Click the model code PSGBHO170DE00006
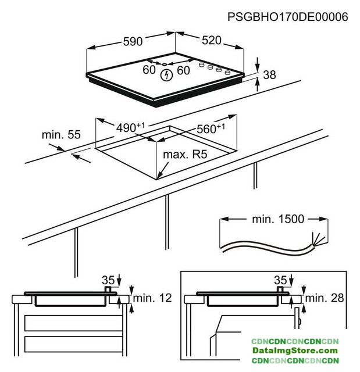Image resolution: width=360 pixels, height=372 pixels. pos(287,17)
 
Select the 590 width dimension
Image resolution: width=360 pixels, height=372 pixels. pos(133,42)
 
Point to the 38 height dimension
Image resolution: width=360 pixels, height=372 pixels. pos(269,74)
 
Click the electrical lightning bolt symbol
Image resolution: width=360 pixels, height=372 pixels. pos(167,75)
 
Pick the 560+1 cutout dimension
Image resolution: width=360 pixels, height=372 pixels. pos(211,130)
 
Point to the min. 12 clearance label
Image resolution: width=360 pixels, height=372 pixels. pos(152,298)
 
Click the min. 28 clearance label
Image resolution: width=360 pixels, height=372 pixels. pos(325,298)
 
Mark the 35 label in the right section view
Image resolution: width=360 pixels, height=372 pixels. pos(281,280)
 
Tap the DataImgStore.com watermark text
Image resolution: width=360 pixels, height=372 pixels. pos(295,351)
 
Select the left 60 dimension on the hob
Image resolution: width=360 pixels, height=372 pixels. pos(149,70)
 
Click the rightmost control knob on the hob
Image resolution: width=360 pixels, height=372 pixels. pos(228,73)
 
